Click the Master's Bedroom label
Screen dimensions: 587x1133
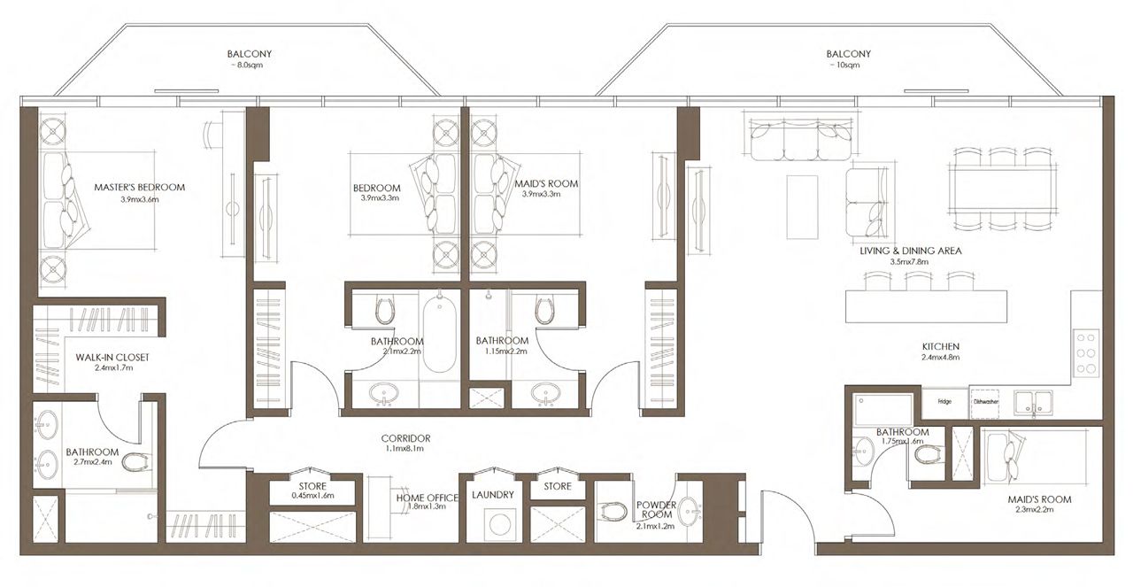tap(139, 187)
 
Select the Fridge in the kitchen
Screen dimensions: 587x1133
tap(944, 401)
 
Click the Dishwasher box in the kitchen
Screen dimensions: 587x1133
tap(986, 401)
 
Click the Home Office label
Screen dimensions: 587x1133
tap(428, 497)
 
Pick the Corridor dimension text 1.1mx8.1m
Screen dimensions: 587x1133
tap(405, 449)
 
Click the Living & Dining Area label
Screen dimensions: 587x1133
tap(910, 251)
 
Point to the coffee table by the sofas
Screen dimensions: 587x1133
tap(803, 206)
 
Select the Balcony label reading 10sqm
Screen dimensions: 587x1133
tap(847, 54)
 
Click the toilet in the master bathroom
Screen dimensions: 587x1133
tap(135, 462)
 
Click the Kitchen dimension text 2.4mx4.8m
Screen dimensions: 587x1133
tap(939, 358)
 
